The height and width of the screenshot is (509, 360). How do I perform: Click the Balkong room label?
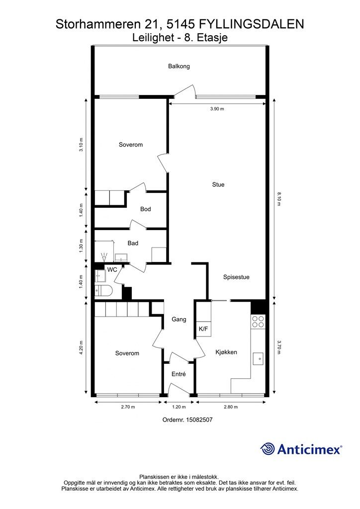click(x=179, y=66)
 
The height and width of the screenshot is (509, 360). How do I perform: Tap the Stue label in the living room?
click(x=218, y=184)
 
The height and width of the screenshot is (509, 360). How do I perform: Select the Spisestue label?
click(x=236, y=277)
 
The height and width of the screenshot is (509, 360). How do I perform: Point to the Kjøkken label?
click(x=226, y=352)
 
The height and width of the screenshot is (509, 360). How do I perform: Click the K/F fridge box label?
click(x=203, y=329)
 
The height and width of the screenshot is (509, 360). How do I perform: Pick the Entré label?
click(x=179, y=374)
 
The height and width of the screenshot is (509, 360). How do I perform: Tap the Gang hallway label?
click(x=179, y=320)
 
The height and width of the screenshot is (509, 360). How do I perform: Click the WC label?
click(x=112, y=270)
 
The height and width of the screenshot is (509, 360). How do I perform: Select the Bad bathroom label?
click(x=133, y=243)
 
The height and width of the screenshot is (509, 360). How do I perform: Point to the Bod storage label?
click(x=145, y=209)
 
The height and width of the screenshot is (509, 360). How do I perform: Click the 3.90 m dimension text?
click(x=217, y=109)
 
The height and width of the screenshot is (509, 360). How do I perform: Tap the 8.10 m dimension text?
click(x=279, y=199)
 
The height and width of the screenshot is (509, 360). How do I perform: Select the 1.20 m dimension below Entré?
click(x=179, y=407)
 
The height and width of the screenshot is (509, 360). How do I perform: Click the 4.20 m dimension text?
click(x=81, y=347)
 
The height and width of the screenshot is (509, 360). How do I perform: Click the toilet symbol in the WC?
click(x=103, y=290)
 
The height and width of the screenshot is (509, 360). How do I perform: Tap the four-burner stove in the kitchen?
click(x=258, y=322)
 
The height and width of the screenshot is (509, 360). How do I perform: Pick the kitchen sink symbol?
click(x=259, y=359)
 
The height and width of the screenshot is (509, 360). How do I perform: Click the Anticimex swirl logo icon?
click(x=268, y=449)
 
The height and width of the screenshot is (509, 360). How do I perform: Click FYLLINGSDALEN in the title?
click(x=252, y=24)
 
